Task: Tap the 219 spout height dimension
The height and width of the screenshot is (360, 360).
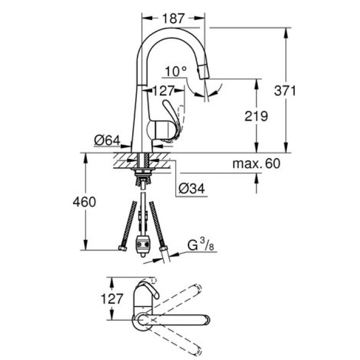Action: (257, 116)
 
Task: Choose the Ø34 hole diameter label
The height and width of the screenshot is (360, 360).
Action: (191, 189)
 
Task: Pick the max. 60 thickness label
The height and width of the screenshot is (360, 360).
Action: (256, 164)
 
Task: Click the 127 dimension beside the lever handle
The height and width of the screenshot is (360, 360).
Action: (164, 91)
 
